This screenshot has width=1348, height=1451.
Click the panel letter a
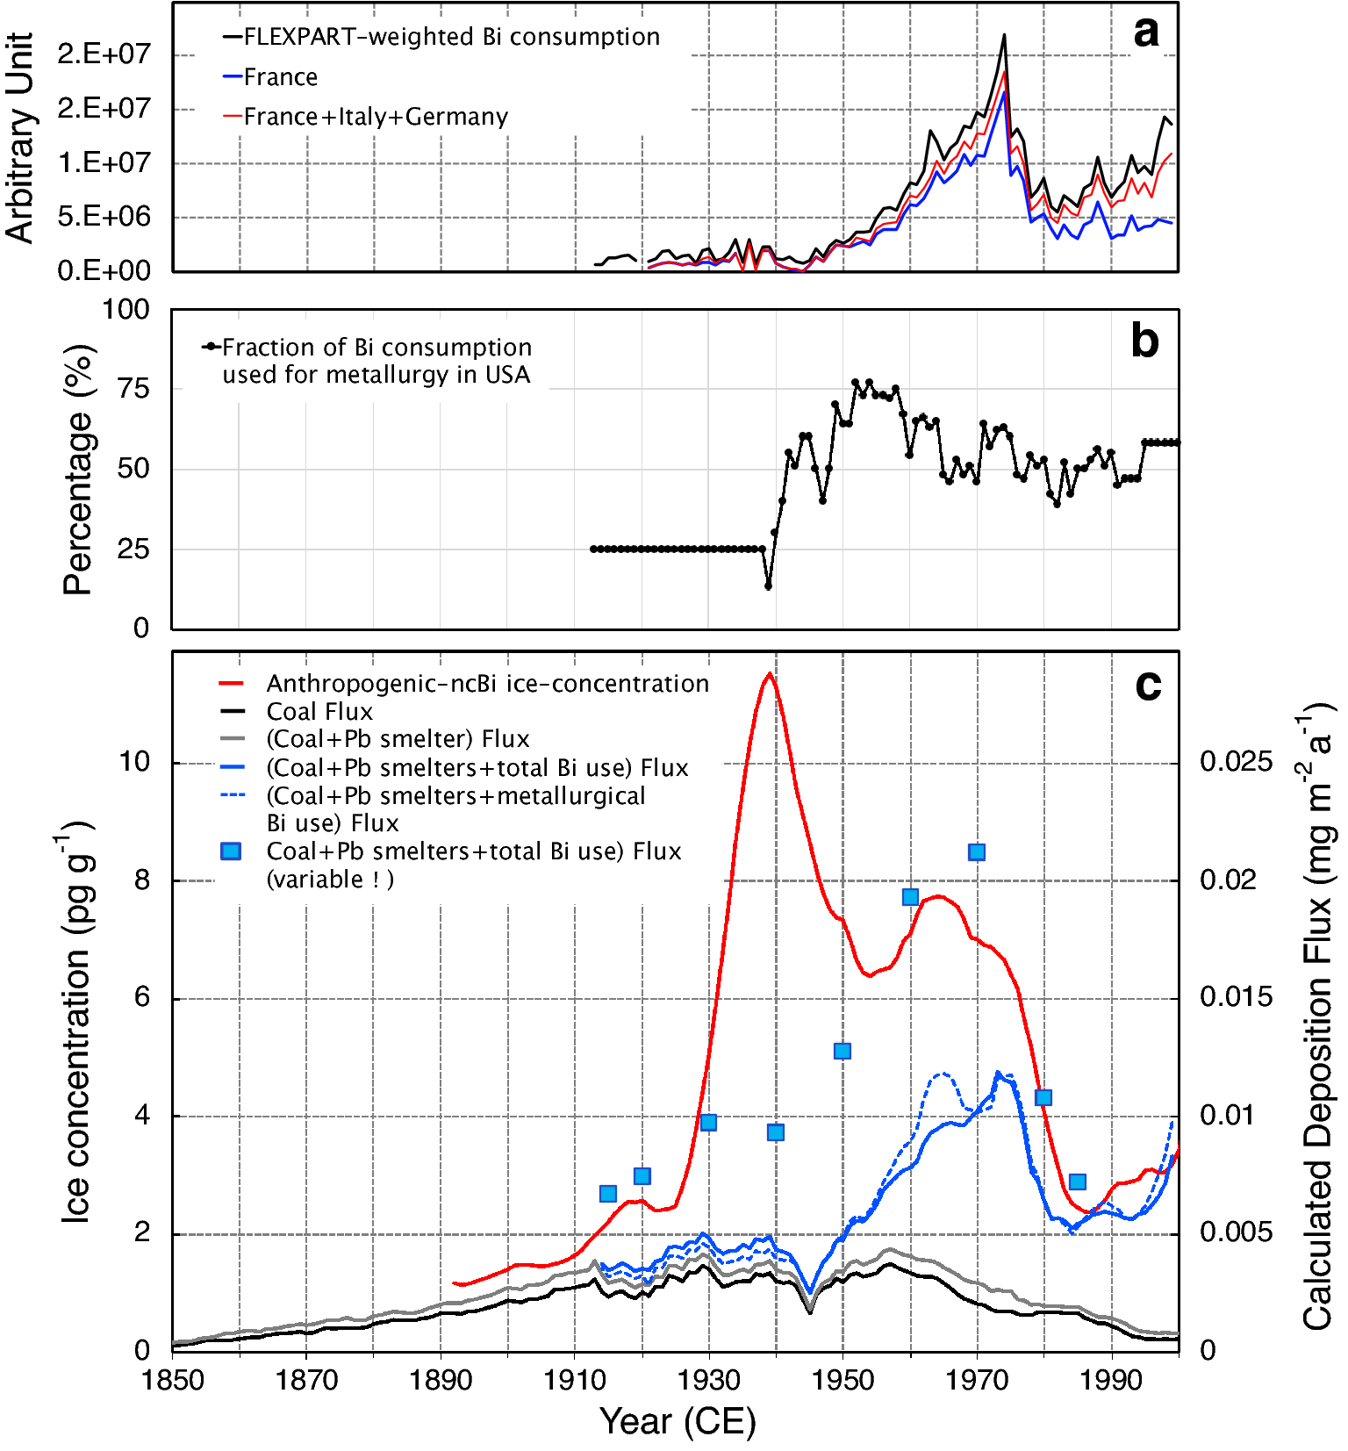coord(1146,33)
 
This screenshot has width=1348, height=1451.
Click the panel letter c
coord(1148,686)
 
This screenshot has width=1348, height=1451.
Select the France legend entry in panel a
coord(280,77)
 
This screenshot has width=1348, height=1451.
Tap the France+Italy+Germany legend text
coord(376,117)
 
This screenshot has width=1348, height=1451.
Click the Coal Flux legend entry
coord(319,711)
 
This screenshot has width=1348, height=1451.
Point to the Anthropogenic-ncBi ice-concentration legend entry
coord(487,683)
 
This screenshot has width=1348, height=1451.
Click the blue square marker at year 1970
coord(977,852)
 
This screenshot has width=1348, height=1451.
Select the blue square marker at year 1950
coord(842,1051)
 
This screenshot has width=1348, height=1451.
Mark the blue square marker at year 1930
coord(708,1122)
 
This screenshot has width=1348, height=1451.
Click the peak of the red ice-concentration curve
coord(770,674)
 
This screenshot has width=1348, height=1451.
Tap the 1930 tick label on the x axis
coord(708,1380)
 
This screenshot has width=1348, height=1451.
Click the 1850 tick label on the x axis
coord(173,1380)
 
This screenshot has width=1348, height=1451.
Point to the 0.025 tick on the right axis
coord(1236,761)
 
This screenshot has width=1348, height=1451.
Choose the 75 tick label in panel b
coord(133,388)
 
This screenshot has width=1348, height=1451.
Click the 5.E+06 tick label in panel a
coord(104,217)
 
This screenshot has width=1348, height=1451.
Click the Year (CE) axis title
coord(677,1421)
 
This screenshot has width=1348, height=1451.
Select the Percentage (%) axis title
coord(77,469)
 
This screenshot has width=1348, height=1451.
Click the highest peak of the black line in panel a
coord(1004,36)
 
